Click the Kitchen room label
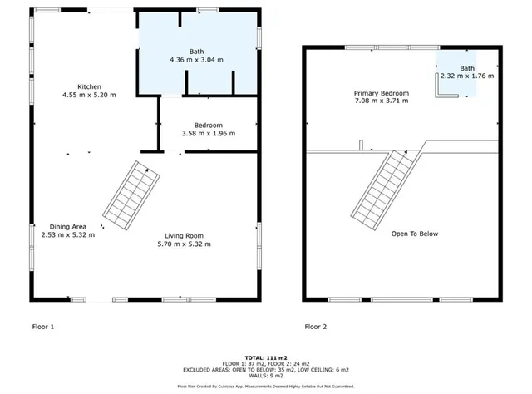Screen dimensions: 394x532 pyautogui.click(x=90, y=86)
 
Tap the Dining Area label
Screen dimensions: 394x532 pyautogui.click(x=68, y=227)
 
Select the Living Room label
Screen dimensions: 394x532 pyautogui.click(x=184, y=235)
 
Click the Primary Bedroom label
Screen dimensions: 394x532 pyautogui.click(x=382, y=92)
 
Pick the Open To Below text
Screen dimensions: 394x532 pyautogui.click(x=415, y=234)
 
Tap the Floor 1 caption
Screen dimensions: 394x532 pyautogui.click(x=43, y=327)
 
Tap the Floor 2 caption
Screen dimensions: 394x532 pyautogui.click(x=316, y=327)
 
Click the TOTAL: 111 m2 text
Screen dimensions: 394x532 pyautogui.click(x=265, y=356)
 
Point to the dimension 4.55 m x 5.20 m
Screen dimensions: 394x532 pyautogui.click(x=90, y=95)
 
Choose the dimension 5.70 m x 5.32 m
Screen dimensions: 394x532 pyautogui.click(x=184, y=244)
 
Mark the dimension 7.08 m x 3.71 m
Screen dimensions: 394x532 pyautogui.click(x=382, y=101)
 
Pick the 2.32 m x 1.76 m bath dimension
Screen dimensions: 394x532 pyautogui.click(x=467, y=76)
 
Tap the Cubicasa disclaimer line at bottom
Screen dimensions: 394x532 pyautogui.click(x=265, y=387)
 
